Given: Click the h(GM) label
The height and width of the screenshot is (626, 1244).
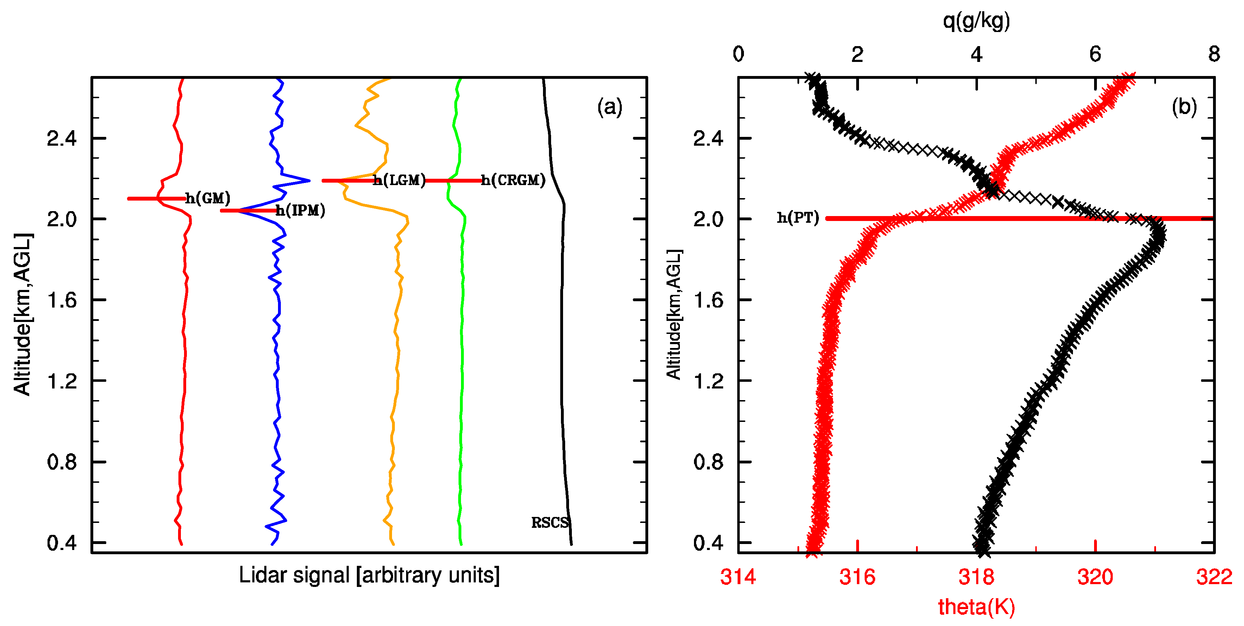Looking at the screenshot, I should (x=208, y=198).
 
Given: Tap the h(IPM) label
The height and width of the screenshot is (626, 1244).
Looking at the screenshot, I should (x=301, y=210).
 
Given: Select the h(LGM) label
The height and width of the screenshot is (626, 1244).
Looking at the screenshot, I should (x=399, y=180).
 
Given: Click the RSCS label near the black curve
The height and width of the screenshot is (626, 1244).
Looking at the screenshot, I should (x=550, y=523).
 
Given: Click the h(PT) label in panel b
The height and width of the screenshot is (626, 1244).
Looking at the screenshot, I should (x=798, y=218).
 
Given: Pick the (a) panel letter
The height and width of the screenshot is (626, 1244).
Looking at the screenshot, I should (x=610, y=107).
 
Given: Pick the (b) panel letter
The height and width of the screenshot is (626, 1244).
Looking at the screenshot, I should (x=1184, y=107).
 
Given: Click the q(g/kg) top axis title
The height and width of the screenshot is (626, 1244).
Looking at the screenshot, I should (x=976, y=21).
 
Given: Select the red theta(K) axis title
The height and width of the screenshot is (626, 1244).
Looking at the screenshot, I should (x=976, y=607).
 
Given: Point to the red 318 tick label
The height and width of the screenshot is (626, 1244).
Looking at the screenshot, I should (x=976, y=577).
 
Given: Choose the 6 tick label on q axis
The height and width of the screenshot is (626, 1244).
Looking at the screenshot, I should (x=1095, y=54).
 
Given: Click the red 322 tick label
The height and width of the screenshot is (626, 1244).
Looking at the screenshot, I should (x=1214, y=577).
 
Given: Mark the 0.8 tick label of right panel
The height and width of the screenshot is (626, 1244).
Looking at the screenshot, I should (x=708, y=462).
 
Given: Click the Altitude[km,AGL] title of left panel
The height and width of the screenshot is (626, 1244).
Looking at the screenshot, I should (x=22, y=314).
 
